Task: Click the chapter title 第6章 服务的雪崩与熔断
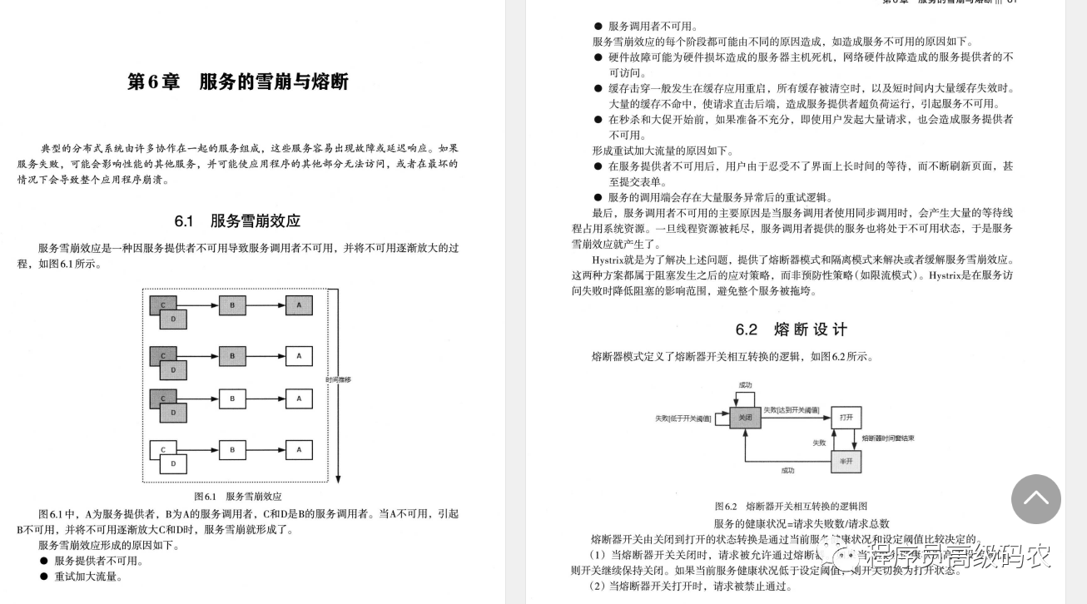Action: [237, 82]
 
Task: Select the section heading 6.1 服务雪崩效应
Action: [237, 221]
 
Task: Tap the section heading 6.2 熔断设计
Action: [792, 329]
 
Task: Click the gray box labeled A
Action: [299, 305]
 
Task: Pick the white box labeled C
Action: [162, 450]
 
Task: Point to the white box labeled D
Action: [173, 463]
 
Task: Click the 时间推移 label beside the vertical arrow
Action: [339, 379]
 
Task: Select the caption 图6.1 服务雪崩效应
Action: [237, 497]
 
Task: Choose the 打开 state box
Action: [846, 417]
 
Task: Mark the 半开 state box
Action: [846, 460]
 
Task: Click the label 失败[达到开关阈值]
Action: [792, 410]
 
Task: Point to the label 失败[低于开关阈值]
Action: [683, 418]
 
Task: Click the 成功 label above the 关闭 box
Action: [745, 385]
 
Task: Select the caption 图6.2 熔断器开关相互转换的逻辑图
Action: [791, 506]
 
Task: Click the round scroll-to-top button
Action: [1035, 499]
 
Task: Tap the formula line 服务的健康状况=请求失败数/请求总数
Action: [802, 523]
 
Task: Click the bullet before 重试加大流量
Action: [44, 577]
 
